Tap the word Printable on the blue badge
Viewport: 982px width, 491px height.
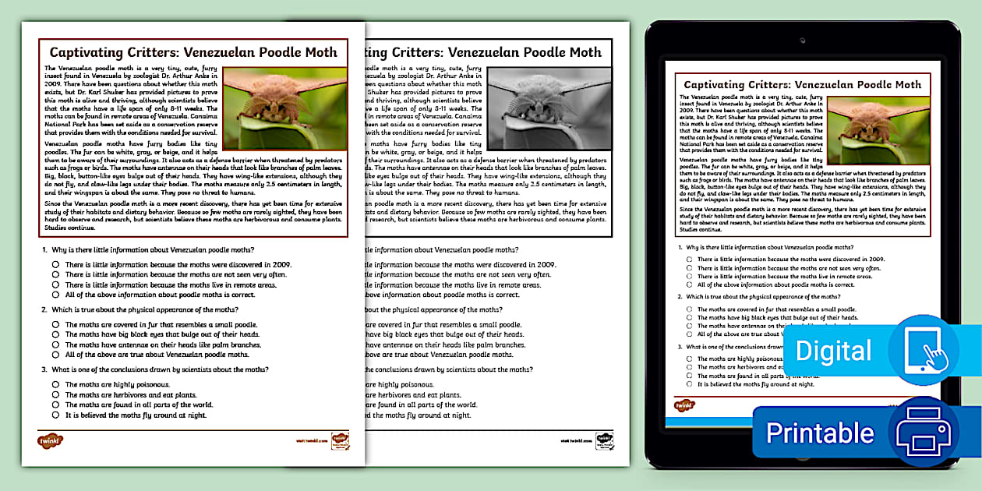point(819,433)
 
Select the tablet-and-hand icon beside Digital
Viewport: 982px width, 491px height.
point(924,351)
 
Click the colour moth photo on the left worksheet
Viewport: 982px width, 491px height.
point(285,108)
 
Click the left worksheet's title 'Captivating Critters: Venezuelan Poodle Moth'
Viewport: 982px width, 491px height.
point(193,52)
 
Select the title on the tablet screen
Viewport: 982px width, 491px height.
point(802,84)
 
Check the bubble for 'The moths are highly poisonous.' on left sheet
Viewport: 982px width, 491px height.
point(56,385)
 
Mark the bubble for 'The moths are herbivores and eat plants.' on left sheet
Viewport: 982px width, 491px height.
point(56,395)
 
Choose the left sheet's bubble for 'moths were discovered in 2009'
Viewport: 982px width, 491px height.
point(56,264)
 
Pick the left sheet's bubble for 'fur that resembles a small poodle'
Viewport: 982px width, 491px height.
point(56,324)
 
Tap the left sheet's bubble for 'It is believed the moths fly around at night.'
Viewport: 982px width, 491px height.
point(56,415)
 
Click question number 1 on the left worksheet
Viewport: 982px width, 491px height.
point(43,250)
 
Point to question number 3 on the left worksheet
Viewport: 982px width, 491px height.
point(43,369)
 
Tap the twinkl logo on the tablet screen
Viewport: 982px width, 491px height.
point(684,405)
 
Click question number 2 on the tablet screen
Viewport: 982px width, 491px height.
point(680,297)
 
